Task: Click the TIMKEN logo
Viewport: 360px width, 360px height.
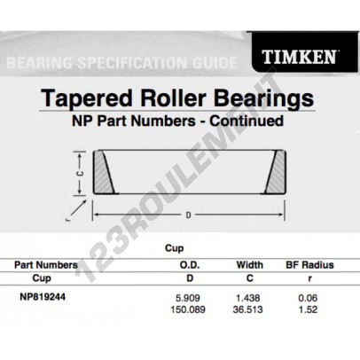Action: tap(299, 57)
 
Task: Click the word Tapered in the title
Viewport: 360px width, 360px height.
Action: tap(86, 98)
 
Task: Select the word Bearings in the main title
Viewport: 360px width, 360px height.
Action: tap(263, 99)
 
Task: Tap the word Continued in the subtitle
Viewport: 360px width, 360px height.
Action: tap(247, 121)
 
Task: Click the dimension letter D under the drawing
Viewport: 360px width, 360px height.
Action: tap(188, 215)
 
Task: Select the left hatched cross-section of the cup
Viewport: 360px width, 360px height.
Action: tap(104, 172)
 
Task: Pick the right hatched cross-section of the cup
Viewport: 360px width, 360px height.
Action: tap(276, 172)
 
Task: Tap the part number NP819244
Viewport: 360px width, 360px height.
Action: tap(43, 297)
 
